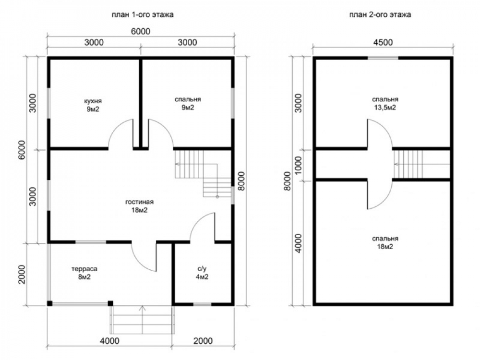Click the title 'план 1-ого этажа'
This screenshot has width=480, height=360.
tap(143, 14)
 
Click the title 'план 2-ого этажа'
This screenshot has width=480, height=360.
tap(380, 14)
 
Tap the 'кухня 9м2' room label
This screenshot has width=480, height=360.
tap(93, 105)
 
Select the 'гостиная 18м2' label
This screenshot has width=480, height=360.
tap(139, 206)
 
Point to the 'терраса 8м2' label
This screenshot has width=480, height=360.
tap(84, 273)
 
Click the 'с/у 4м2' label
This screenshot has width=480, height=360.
tap(202, 273)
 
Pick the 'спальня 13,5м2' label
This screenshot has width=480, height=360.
tap(385, 104)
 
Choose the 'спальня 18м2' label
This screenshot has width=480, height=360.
tap(385, 242)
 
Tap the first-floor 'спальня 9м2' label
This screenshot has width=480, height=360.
tap(188, 104)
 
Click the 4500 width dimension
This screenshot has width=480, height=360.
tap(383, 42)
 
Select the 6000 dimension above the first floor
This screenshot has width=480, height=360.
tap(141, 31)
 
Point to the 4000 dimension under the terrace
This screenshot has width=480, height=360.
tap(109, 341)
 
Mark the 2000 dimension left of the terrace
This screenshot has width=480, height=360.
tap(22, 274)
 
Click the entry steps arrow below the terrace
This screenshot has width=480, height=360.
tap(143, 319)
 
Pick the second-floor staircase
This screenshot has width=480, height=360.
tap(408, 164)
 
